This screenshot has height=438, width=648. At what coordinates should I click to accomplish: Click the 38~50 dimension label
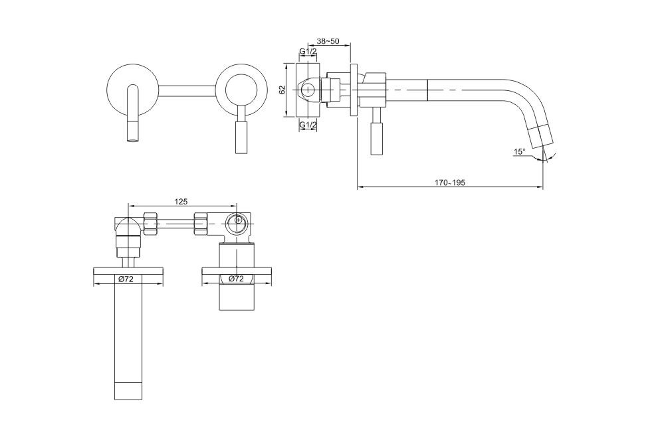[328, 41]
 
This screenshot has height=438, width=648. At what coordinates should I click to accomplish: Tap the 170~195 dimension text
[450, 183]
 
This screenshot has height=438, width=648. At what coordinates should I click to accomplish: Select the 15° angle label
[520, 152]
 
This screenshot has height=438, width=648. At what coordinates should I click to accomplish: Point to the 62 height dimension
[282, 90]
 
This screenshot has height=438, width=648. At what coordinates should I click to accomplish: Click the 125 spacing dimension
[181, 202]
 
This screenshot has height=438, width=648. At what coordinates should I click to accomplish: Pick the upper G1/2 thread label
[308, 51]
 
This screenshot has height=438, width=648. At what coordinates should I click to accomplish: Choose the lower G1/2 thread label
[308, 124]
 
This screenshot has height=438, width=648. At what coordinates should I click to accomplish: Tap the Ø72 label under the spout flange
[126, 279]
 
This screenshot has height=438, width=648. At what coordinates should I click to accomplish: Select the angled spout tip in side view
[542, 138]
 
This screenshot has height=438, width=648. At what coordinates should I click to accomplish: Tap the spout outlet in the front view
[133, 132]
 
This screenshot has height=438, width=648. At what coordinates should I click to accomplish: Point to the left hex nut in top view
[151, 224]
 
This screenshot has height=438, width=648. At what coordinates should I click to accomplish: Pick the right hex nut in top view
[201, 224]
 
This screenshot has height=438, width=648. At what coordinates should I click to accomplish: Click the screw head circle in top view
[239, 220]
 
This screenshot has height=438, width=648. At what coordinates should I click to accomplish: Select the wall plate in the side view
[354, 90]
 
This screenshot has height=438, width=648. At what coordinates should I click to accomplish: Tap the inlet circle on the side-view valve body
[308, 90]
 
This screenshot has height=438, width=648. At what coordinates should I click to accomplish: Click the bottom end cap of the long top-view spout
[128, 391]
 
